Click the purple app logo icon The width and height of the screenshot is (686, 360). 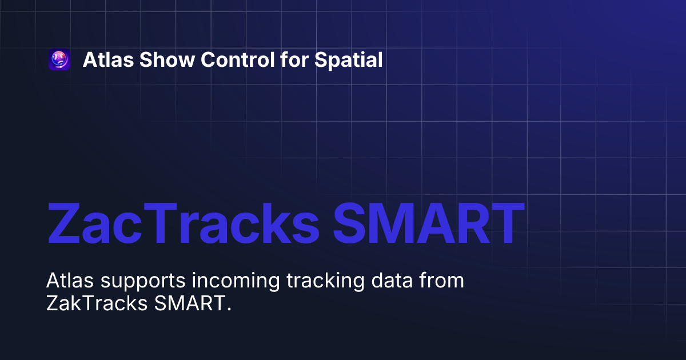click(x=59, y=60)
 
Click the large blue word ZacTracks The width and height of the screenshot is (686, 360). click(x=183, y=223)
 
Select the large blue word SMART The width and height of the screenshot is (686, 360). click(x=429, y=223)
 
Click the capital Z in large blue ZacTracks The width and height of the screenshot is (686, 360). click(x=66, y=223)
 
